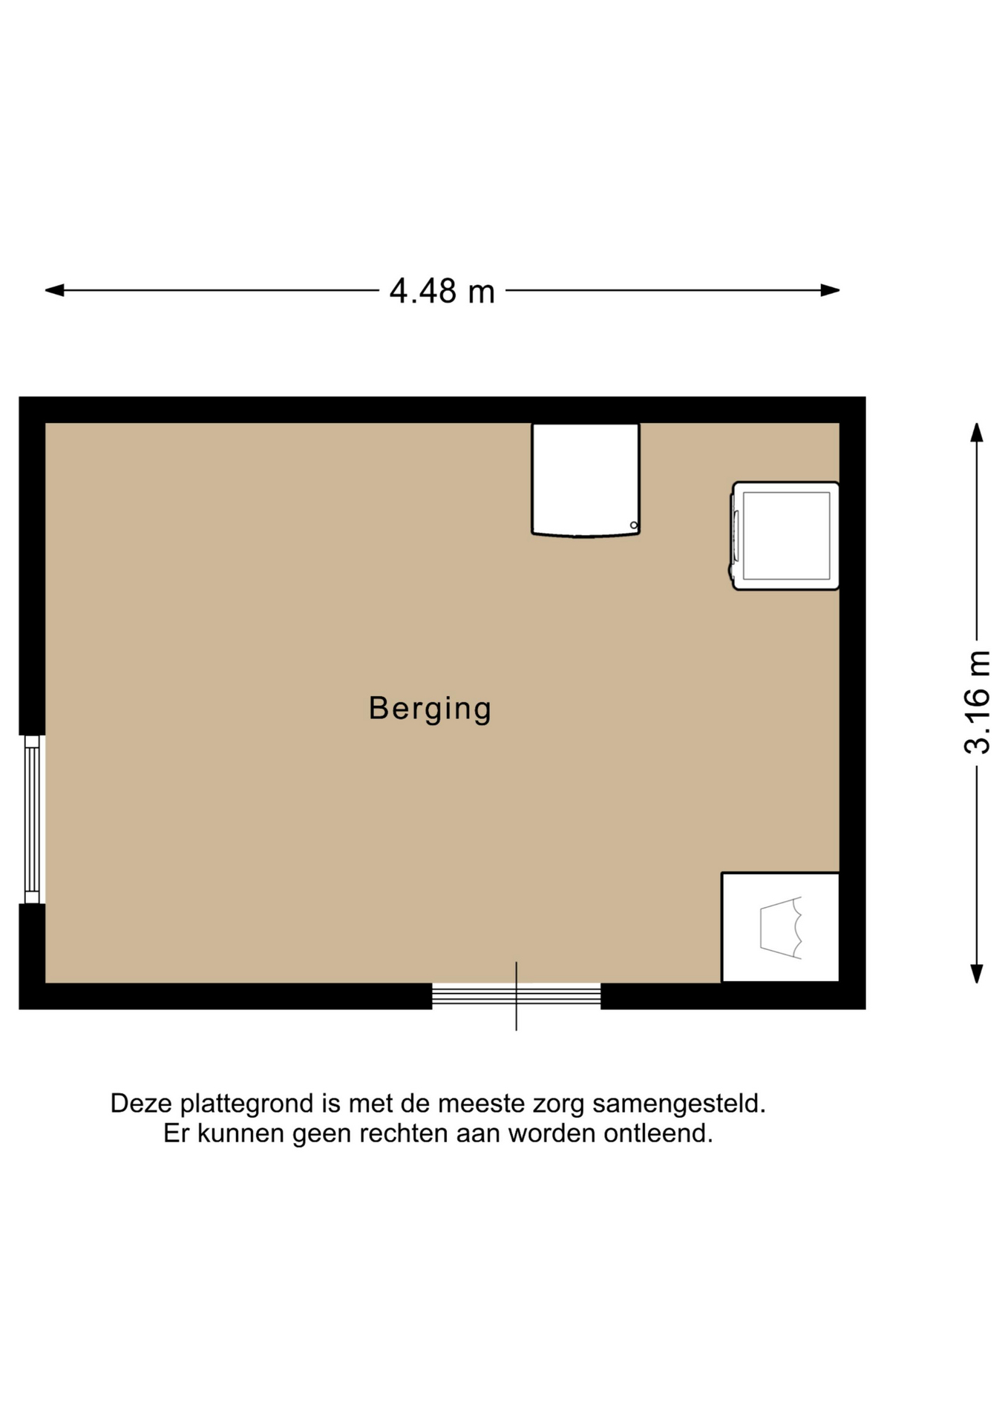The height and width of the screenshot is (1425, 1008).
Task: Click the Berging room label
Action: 430,709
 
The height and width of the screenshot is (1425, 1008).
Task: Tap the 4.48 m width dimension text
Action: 442,291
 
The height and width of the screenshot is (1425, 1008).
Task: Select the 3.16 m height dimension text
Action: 978,702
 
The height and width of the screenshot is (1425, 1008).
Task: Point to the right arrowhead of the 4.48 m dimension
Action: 831,290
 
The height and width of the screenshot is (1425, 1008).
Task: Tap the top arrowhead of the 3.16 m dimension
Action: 977,432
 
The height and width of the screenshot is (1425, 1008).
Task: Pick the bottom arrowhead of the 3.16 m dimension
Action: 977,974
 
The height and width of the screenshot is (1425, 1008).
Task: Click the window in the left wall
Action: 32,819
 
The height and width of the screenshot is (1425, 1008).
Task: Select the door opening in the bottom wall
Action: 517,995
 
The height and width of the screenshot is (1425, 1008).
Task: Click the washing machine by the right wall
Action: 785,536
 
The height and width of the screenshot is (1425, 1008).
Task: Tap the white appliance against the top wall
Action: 586,479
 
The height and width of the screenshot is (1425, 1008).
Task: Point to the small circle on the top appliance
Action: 634,525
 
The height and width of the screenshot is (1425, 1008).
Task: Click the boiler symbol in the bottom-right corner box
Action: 781,928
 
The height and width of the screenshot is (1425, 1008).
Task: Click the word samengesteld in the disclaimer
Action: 678,1104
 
